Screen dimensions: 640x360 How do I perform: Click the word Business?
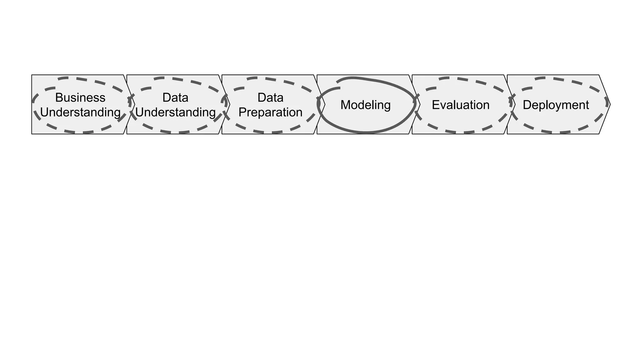coord(80,97)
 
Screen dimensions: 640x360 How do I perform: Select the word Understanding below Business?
coord(80,112)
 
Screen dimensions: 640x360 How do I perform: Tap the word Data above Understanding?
coord(175,97)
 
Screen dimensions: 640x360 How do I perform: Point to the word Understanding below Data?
coord(175,112)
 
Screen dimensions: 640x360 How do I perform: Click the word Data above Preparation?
coord(270,97)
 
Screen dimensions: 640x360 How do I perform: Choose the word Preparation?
coord(270,112)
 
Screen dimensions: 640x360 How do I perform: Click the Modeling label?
coord(365,105)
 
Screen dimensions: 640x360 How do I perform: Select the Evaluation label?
coord(461,105)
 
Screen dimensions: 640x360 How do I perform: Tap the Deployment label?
coord(556,105)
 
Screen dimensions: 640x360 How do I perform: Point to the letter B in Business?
coord(58,97)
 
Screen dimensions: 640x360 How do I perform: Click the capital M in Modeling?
coord(345,105)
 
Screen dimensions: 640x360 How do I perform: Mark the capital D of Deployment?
coord(527,105)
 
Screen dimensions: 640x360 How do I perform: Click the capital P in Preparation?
coord(242,112)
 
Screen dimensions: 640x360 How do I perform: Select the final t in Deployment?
coord(587,105)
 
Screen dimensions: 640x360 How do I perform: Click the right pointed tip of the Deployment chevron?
coord(610,104)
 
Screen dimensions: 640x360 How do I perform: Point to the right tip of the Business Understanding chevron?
coord(135,104)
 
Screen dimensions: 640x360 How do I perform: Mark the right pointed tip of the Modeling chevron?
coord(420,104)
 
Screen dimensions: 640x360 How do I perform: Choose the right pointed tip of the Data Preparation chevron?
coord(325,104)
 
